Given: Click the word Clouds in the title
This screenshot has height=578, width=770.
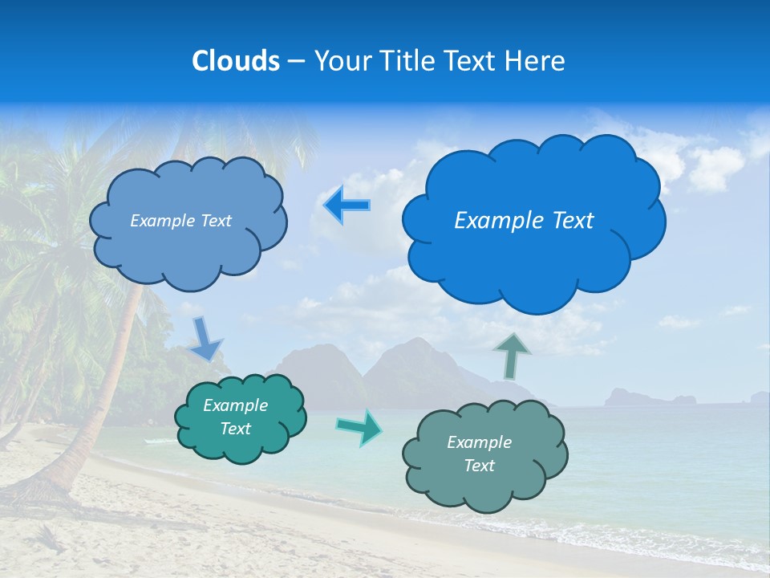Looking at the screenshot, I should pyautogui.click(x=235, y=60).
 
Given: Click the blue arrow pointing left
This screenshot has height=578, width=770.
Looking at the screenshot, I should pyautogui.click(x=346, y=205).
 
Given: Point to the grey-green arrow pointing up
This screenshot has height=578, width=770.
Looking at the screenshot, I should pyautogui.click(x=513, y=355).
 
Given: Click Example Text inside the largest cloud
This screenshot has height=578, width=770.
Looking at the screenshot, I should pyautogui.click(x=524, y=221).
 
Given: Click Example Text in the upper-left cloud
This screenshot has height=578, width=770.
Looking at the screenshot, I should pyautogui.click(x=180, y=221).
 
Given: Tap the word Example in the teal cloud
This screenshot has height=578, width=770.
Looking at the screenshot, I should pyautogui.click(x=235, y=405).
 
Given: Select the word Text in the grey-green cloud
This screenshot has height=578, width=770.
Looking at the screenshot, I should pyautogui.click(x=479, y=466).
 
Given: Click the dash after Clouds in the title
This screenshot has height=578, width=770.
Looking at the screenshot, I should pyautogui.click(x=295, y=61).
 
